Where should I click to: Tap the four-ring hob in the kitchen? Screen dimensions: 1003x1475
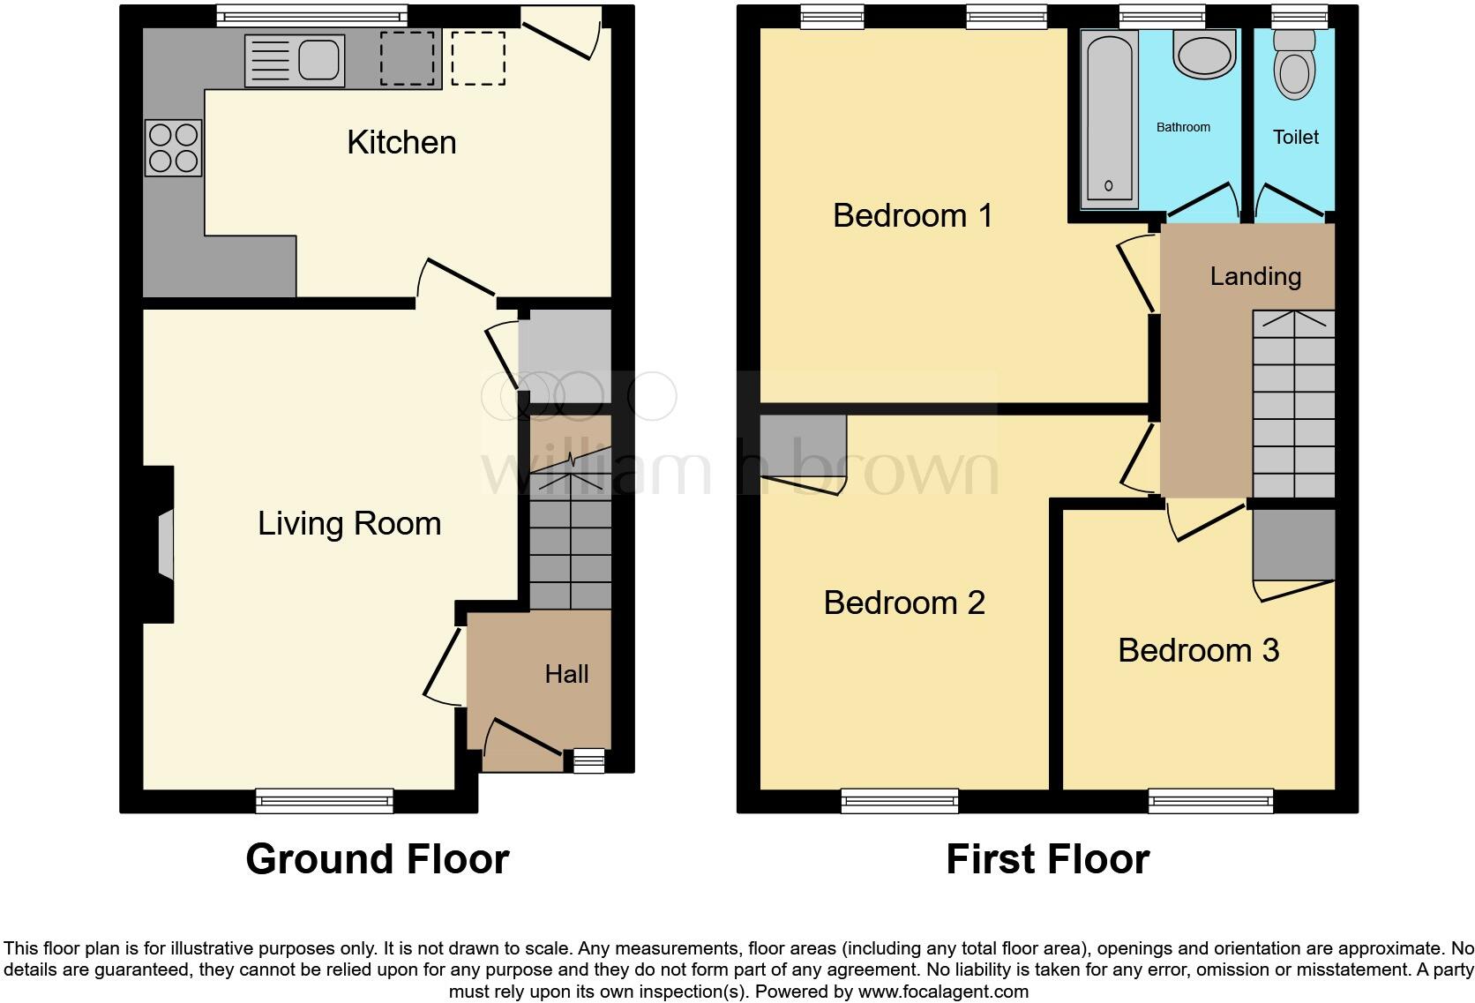(174, 147)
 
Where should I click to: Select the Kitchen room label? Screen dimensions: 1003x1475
(401, 142)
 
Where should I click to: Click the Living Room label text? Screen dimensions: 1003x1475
(349, 523)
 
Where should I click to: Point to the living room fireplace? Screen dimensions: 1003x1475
(163, 545)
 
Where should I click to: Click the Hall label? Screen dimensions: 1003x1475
(566, 674)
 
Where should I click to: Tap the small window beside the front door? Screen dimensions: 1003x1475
(588, 760)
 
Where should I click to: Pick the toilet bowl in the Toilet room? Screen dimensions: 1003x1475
(1295, 71)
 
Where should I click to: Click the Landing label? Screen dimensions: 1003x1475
(1255, 277)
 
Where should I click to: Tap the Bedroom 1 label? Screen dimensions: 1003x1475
(913, 215)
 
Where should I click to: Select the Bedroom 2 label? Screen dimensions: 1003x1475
(904, 603)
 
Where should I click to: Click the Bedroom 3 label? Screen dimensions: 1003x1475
(1198, 650)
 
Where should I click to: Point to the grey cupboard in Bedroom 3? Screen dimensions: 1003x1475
(1293, 545)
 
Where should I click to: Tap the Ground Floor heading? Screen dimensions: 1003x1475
(377, 858)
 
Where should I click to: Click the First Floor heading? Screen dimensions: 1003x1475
(1047, 858)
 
